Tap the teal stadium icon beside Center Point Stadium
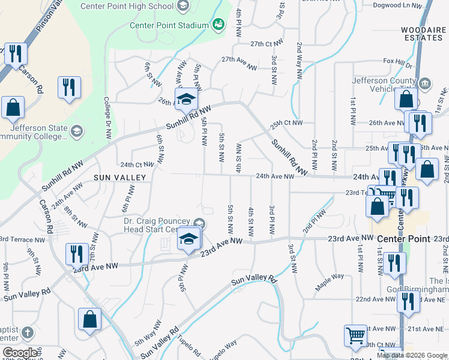tap(218, 24)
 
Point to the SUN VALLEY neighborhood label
tap(120, 178)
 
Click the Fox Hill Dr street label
tap(398, 62)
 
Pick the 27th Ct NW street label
tap(266, 44)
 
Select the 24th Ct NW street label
tap(137, 164)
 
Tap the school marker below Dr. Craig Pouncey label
tap(188, 241)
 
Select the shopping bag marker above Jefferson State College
tap(13, 107)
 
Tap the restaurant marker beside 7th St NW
tap(77, 254)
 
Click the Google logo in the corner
tap(20, 353)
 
